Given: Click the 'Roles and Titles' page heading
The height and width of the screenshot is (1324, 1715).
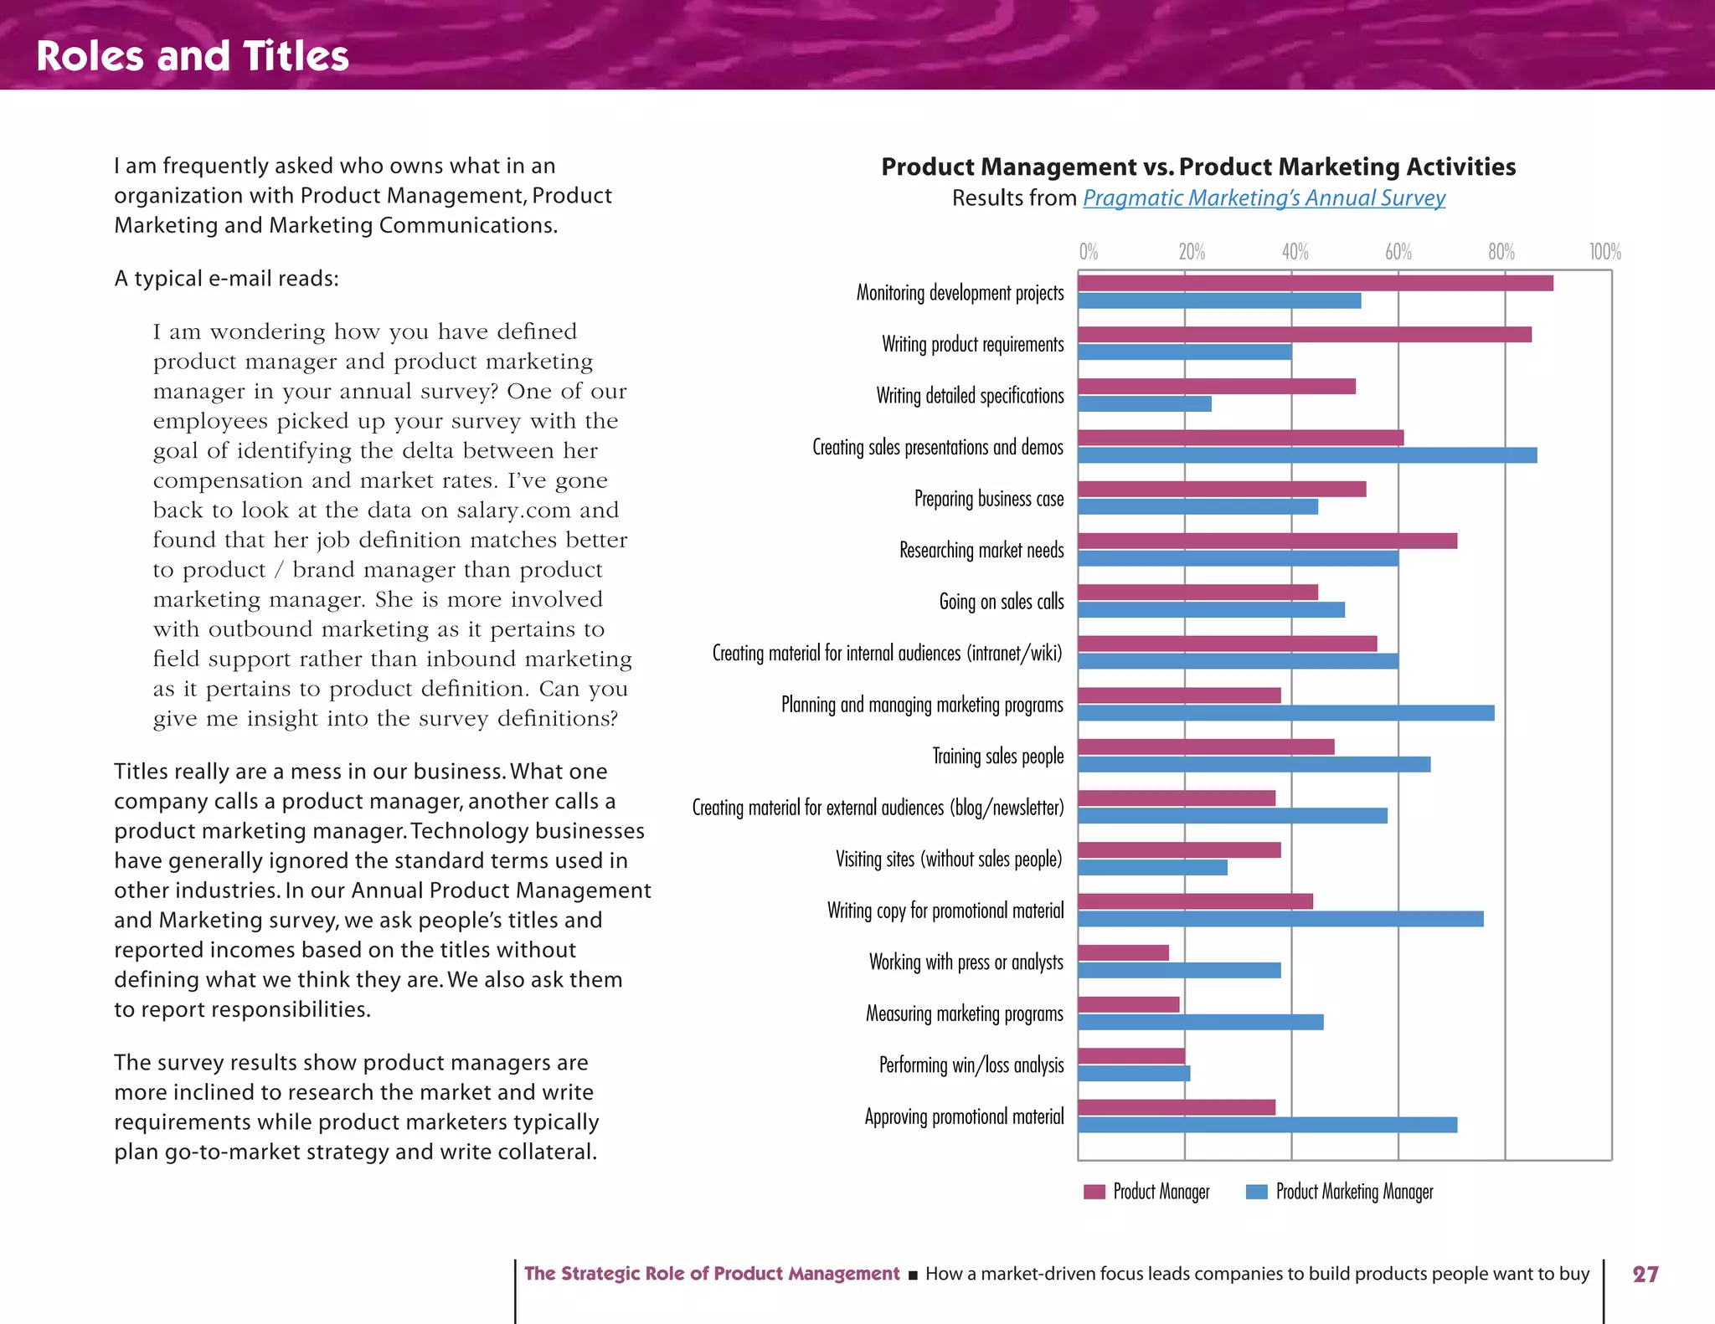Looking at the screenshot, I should (x=193, y=56).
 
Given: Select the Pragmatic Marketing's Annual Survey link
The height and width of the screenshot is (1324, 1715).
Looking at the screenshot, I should (x=1264, y=198).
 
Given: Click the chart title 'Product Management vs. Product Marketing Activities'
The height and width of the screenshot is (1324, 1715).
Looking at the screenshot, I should (x=1198, y=167).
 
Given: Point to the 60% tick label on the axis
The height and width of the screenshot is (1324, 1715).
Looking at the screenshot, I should (x=1398, y=252).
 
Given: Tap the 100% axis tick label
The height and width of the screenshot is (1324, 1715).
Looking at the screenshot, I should (x=1604, y=252).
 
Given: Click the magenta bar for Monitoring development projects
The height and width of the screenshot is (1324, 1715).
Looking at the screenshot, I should (x=1315, y=283).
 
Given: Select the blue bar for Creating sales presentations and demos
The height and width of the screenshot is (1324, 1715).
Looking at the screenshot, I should (x=1306, y=455).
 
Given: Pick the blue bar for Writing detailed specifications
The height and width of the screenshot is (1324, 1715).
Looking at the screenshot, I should (x=1144, y=404).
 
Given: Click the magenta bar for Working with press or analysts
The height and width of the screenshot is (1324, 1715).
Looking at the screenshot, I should (x=1123, y=952).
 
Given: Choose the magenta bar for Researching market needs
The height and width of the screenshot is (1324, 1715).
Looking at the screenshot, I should (x=1267, y=541).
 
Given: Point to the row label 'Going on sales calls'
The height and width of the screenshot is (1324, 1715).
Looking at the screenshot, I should (x=1001, y=602).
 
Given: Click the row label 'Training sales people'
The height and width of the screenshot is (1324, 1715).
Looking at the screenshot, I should (x=997, y=757).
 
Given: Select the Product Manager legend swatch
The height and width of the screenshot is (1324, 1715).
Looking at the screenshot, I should (x=1094, y=1192).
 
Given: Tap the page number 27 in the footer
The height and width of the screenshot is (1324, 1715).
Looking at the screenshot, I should (x=1645, y=1274).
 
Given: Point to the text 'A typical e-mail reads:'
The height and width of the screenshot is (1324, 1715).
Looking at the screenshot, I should (x=226, y=279).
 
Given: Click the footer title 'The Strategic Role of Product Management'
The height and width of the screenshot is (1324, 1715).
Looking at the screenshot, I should (x=711, y=1274).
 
